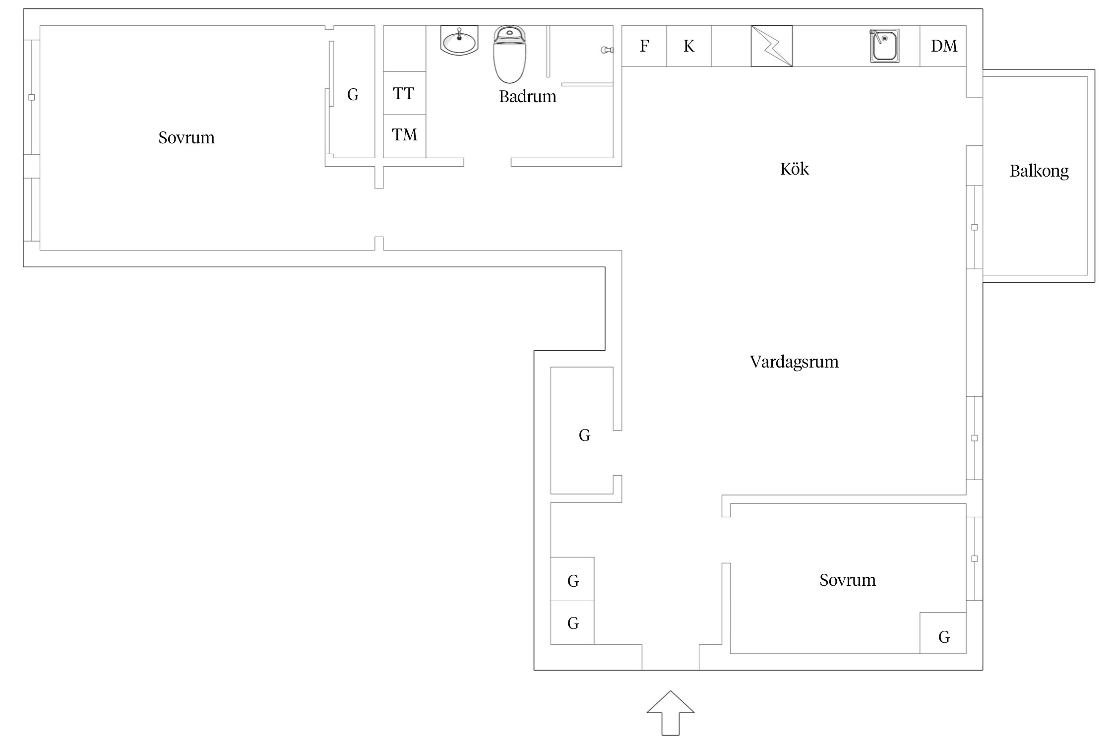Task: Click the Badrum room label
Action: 527,96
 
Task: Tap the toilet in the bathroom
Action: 509,55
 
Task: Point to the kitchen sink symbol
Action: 884,46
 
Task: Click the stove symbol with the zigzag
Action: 771,46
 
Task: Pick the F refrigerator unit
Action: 644,46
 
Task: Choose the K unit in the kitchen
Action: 688,46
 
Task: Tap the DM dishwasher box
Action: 943,46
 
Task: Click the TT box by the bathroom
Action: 404,93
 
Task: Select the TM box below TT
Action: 404,135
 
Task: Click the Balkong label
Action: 1039,171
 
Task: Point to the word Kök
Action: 794,169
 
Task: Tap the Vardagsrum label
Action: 794,362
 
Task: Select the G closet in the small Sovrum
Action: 943,637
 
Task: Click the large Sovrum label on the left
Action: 186,138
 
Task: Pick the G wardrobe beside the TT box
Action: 353,94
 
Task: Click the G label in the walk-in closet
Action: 584,435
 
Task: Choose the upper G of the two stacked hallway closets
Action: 573,581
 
